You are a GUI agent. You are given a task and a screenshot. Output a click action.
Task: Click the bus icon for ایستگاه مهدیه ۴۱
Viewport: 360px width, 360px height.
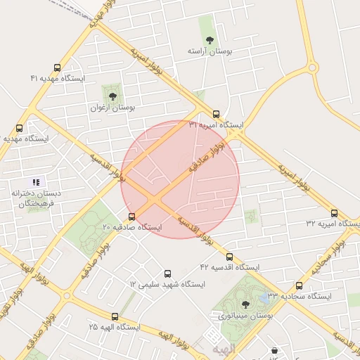57,68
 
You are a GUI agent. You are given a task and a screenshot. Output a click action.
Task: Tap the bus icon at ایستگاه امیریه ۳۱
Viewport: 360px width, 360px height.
216,114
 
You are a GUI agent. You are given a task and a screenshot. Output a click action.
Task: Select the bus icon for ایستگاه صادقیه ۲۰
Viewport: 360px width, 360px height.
132,217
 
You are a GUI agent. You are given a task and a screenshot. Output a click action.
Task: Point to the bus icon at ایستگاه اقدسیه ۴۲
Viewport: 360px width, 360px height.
229,257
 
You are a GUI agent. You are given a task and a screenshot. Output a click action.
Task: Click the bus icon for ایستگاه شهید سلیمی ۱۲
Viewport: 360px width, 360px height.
167,274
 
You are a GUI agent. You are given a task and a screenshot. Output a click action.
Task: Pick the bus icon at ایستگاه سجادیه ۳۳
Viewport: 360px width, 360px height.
300,285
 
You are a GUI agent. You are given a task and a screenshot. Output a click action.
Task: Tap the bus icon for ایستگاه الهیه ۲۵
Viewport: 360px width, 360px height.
115,316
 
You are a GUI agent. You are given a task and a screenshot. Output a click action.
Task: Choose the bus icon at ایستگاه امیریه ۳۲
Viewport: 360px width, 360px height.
334,212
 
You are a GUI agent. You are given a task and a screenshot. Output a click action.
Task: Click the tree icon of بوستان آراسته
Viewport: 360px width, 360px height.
209,39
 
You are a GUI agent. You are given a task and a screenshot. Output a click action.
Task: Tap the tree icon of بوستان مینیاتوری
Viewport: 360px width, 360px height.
245,304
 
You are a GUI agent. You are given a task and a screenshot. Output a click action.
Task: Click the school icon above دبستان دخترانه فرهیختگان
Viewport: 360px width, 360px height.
36,182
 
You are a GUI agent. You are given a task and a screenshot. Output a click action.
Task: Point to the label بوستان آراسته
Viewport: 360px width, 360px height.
209,52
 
